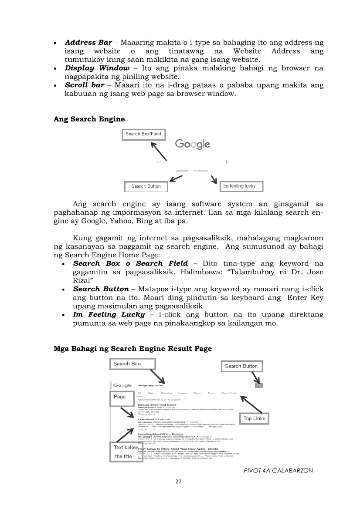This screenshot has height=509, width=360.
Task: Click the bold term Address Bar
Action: click(x=88, y=43)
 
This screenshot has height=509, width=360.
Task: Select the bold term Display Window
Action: click(x=97, y=68)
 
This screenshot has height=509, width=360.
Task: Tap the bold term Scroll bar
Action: click(x=85, y=85)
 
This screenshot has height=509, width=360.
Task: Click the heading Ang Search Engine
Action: click(x=89, y=119)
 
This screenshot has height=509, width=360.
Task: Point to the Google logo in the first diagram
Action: click(x=193, y=144)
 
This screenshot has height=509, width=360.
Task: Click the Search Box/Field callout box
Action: click(x=143, y=134)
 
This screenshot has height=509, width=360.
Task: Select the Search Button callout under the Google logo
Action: click(x=146, y=186)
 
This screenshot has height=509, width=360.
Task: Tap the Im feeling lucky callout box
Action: click(x=241, y=186)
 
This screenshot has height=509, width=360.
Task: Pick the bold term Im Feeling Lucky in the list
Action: click(x=109, y=314)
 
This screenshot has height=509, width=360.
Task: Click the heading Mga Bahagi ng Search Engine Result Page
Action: click(x=133, y=348)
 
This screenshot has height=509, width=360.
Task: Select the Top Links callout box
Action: click(x=254, y=418)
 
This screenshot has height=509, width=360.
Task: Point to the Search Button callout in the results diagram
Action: click(x=241, y=366)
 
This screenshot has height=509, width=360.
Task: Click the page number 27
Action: click(x=178, y=482)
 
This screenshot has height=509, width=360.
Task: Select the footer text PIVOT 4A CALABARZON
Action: click(x=278, y=471)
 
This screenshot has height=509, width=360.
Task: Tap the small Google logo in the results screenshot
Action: click(x=122, y=385)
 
